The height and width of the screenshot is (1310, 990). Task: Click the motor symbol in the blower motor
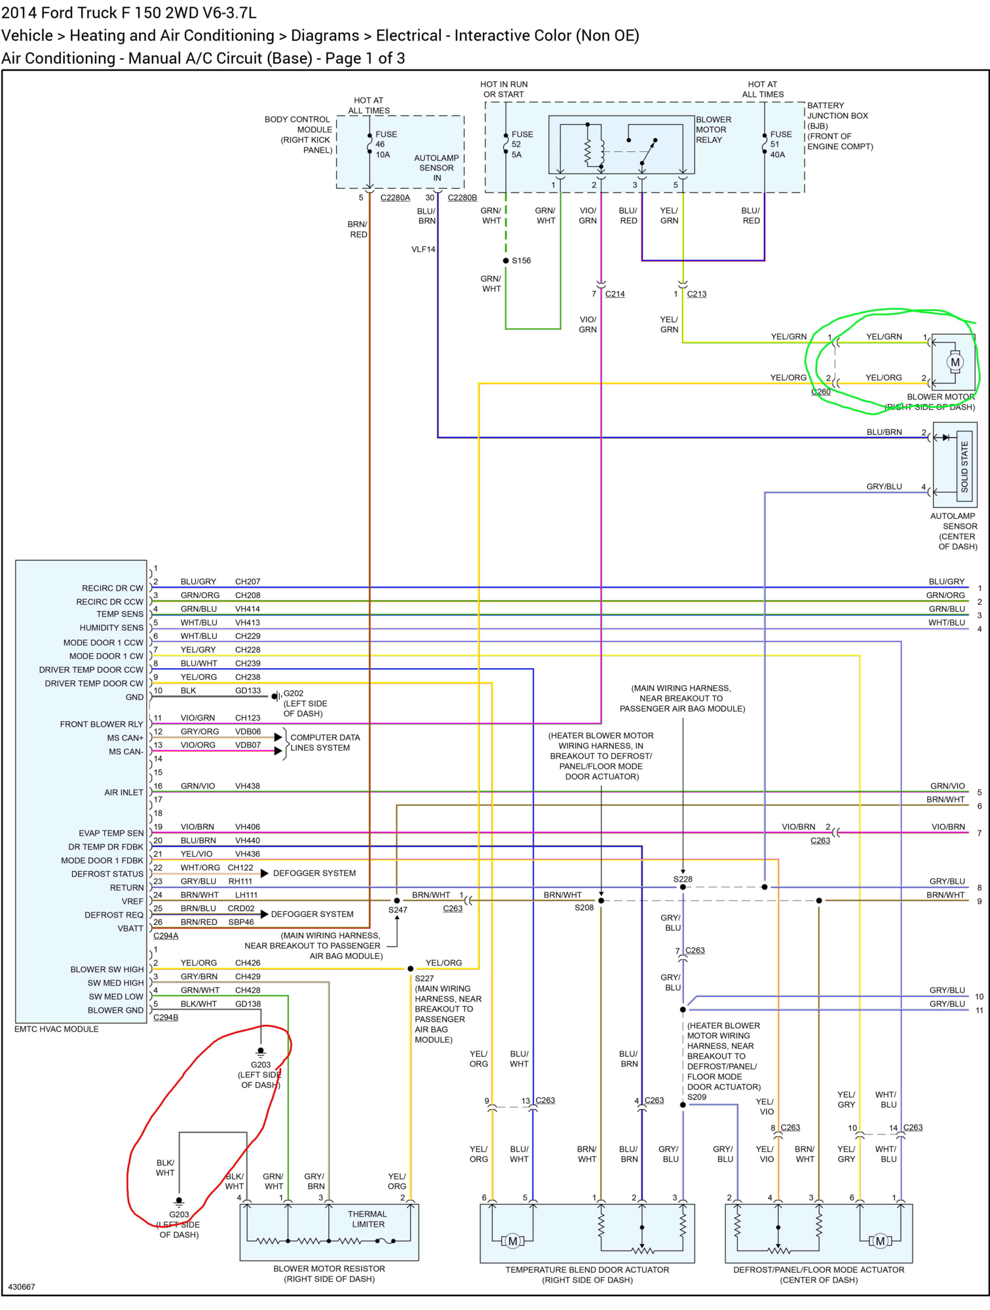955,362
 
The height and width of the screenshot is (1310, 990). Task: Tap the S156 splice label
521,261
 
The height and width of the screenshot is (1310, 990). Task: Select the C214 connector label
615,294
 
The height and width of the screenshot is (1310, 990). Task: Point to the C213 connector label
696,294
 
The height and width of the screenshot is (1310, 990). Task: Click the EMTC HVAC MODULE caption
56,1029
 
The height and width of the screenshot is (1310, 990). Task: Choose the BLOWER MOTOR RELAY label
714,130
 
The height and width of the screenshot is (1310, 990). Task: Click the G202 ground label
294,693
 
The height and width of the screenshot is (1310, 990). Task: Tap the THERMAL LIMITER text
368,1219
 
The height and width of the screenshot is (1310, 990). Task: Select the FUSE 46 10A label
386,144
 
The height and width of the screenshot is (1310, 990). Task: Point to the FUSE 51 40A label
780,144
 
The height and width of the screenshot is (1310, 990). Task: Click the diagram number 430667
22,1286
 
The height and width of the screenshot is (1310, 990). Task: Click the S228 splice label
683,879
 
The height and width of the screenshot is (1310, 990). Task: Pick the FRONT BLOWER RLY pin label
102,724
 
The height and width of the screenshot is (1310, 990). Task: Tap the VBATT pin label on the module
130,928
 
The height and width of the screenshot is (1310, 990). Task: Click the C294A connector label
166,936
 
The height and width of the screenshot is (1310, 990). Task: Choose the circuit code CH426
248,963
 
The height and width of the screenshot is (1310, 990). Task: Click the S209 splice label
697,1096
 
